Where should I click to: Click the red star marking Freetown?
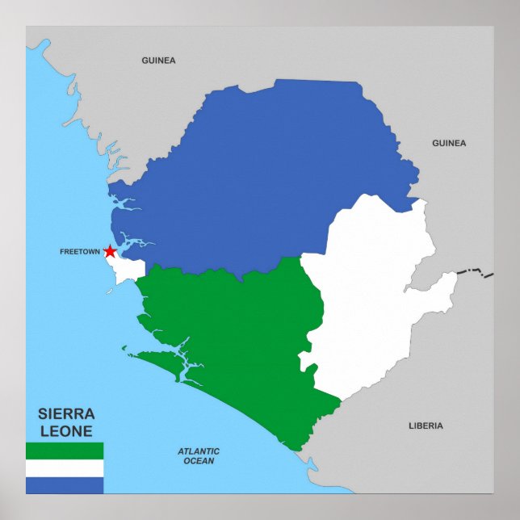tap(110, 251)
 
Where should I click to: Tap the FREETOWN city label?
tap(80, 252)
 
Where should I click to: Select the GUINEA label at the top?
tap(158, 61)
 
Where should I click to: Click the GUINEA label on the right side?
tap(449, 143)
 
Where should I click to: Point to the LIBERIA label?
tap(426, 426)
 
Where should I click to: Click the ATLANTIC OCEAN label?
tap(199, 456)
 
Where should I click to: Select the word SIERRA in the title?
tap(66, 414)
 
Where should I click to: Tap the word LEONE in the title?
tap(66, 431)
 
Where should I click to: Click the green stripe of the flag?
tap(65, 451)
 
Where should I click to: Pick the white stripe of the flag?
tap(65, 468)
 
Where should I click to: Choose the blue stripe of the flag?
tap(65, 484)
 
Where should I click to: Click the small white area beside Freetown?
tap(128, 270)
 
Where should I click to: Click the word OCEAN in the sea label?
tap(199, 461)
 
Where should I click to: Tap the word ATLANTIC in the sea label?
tap(199, 451)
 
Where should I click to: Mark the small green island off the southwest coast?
tap(125, 349)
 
